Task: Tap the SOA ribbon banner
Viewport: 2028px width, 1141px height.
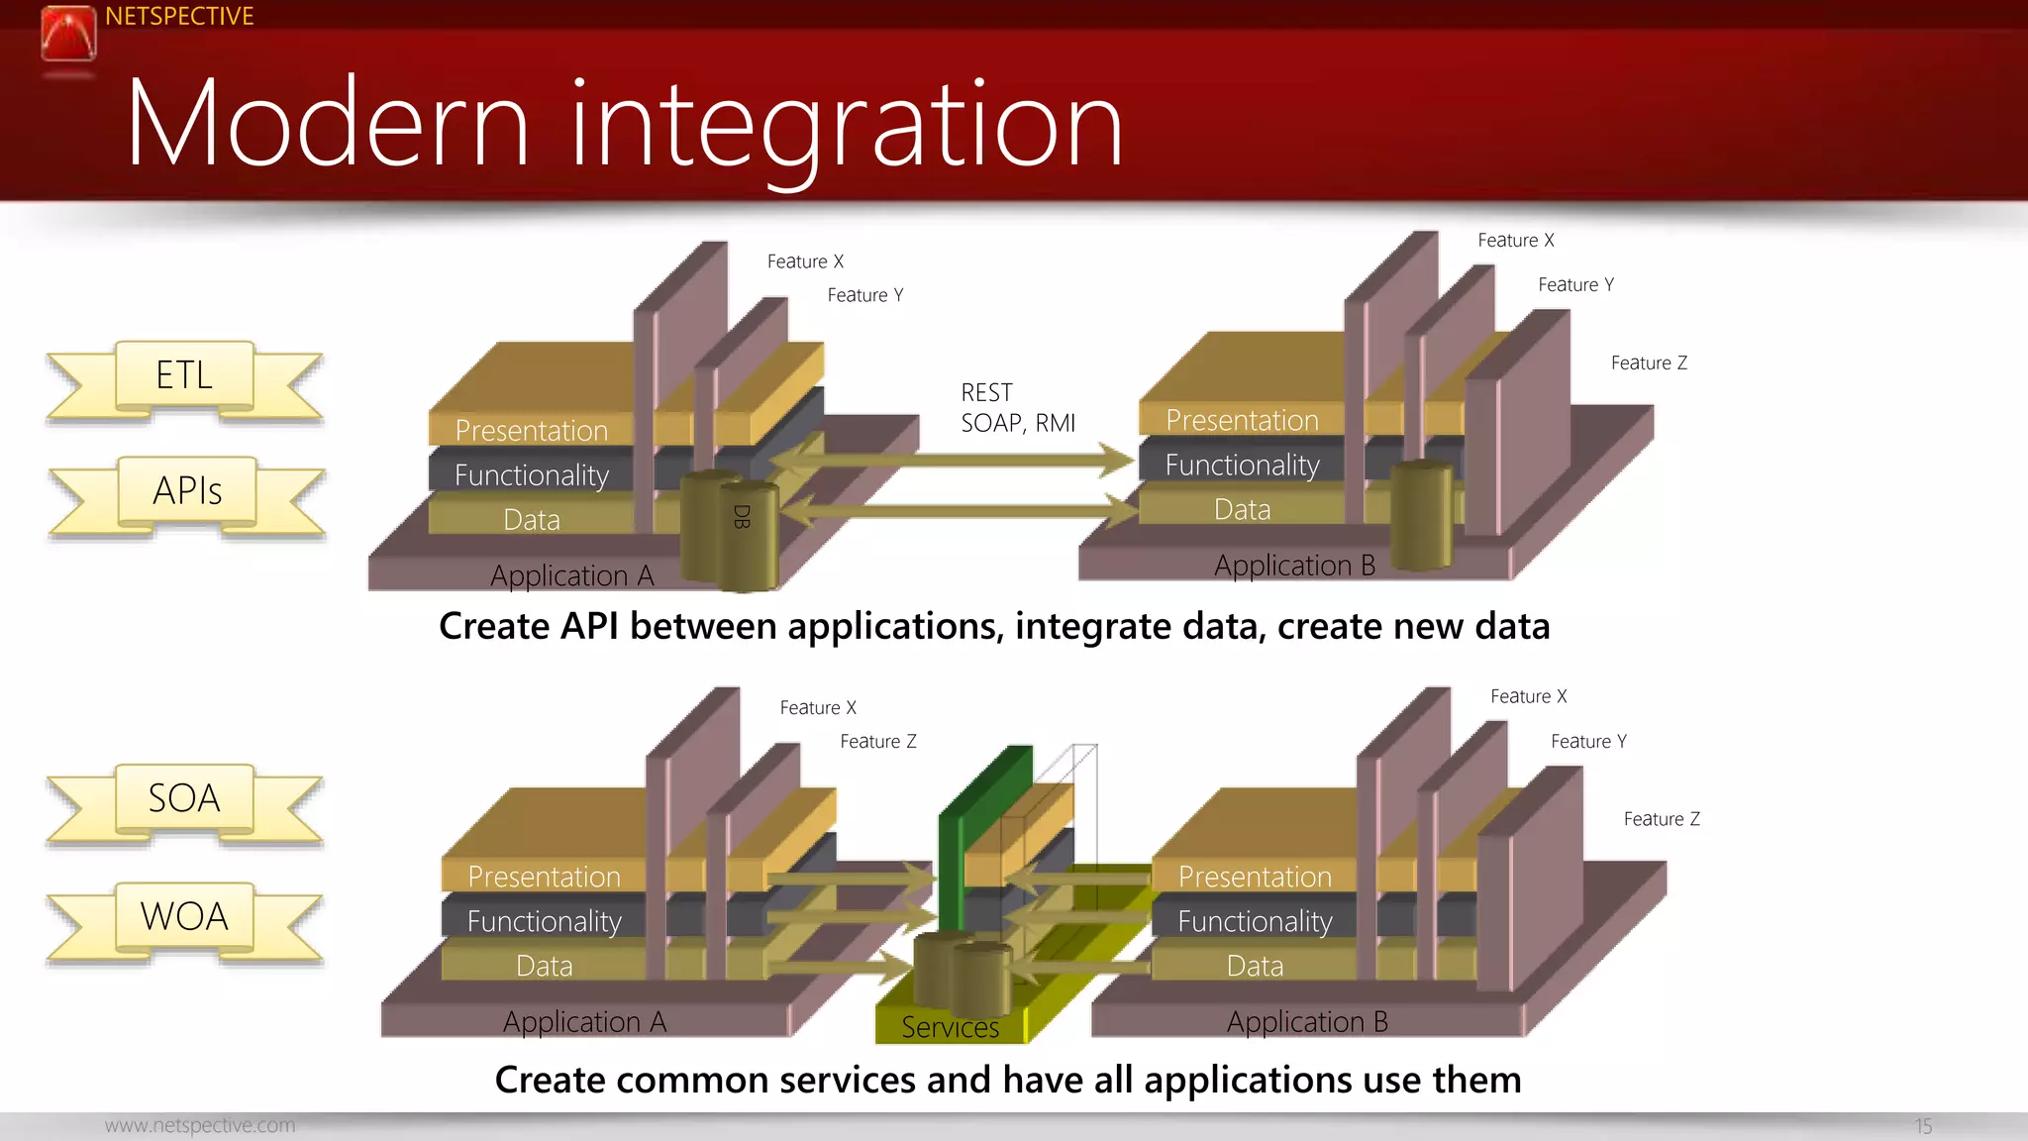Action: (184, 799)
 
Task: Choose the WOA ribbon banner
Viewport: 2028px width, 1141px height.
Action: (184, 917)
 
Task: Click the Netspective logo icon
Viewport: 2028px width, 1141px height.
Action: (68, 33)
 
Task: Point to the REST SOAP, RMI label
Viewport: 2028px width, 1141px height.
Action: (1017, 408)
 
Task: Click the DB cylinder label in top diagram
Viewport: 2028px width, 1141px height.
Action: (742, 516)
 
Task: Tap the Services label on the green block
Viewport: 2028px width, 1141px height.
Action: (950, 1028)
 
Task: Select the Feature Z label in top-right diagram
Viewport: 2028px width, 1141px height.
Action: (1649, 363)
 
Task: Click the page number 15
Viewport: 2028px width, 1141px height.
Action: (1923, 1126)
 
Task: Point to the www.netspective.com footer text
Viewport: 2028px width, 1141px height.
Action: (200, 1126)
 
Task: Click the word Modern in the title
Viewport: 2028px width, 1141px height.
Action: (328, 125)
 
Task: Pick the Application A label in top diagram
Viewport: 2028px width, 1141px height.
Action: (572, 575)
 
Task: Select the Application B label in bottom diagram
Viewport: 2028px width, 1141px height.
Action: (1307, 1022)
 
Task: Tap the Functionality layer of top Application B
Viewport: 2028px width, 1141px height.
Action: (1242, 466)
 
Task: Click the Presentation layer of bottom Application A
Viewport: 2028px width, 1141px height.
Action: (544, 877)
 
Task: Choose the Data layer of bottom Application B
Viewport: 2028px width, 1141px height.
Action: (1255, 966)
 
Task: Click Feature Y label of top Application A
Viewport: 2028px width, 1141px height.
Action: (864, 295)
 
